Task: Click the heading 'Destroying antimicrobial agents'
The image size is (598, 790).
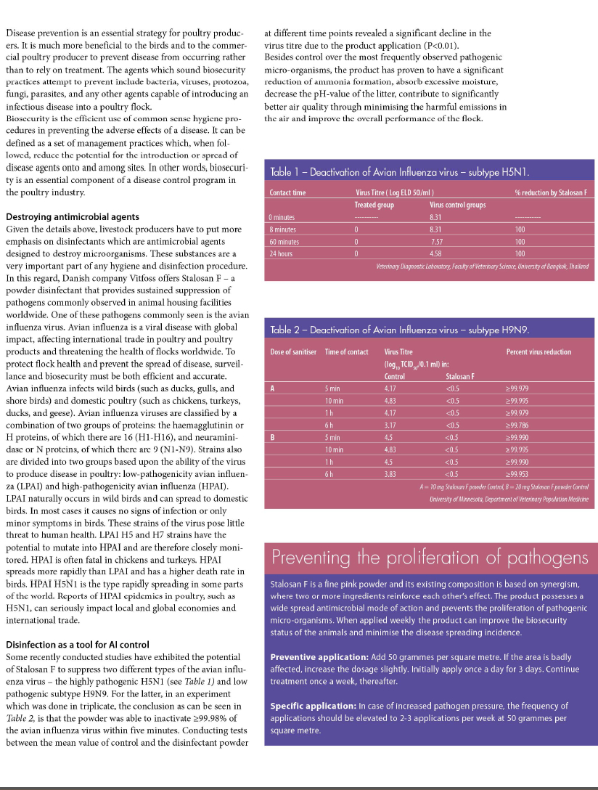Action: coord(73,216)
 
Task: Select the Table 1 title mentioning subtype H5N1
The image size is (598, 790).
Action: coord(400,172)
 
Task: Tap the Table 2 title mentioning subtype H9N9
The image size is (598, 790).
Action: coord(400,330)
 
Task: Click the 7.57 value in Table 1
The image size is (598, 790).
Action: coord(436,241)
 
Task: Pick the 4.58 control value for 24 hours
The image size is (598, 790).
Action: coord(436,253)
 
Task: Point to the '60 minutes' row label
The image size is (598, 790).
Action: coord(283,241)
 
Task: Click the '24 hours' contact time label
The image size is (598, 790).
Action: coord(281,253)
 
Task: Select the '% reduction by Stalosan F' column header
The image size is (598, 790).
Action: coord(550,192)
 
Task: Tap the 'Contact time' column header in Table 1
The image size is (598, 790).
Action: coord(287,192)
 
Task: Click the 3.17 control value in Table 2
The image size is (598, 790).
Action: coord(390,424)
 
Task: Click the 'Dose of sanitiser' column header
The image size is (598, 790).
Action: coord(293,352)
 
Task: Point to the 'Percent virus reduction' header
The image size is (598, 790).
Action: coord(538,352)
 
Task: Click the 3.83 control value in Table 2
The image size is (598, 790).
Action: coord(390,473)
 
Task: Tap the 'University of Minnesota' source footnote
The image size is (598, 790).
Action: coord(509,499)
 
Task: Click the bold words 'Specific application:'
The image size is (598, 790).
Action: coord(313,705)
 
